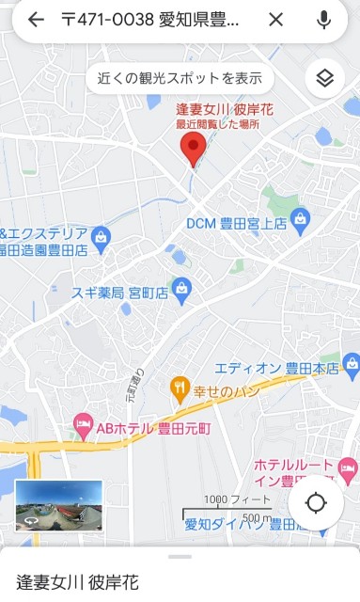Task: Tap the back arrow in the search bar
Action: (36, 20)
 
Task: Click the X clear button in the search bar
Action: (275, 20)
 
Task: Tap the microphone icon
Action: (324, 20)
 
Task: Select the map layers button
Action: (325, 78)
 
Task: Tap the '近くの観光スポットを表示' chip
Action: (181, 78)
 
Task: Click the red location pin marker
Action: (193, 149)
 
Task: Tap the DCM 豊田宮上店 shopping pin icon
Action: (301, 222)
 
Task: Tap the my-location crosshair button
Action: (316, 502)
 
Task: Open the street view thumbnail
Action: (58, 506)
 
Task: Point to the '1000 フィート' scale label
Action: (228, 499)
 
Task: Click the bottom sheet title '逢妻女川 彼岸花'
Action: (78, 582)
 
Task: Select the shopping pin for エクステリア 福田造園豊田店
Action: (102, 234)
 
